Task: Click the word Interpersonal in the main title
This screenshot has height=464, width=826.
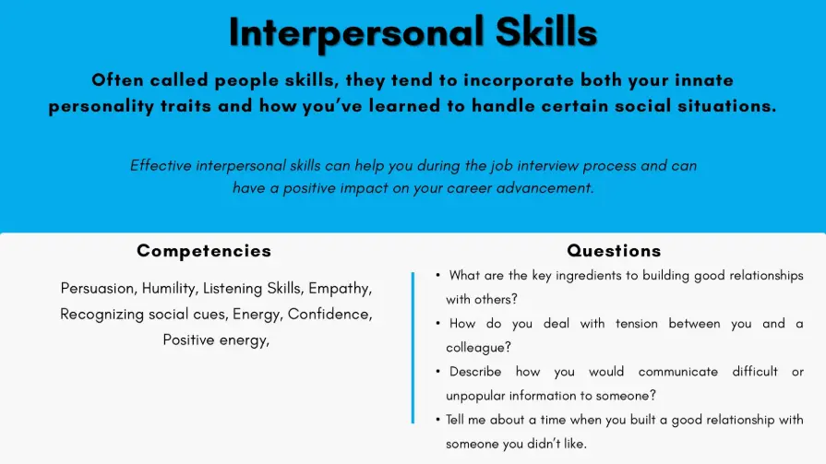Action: pos(356,32)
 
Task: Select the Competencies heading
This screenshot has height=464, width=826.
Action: pos(204,251)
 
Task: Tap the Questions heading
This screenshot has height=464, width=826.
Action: pos(614,251)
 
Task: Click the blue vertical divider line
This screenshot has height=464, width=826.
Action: pos(413,348)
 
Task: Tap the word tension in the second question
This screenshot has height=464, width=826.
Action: pos(637,324)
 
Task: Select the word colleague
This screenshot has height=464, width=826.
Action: pos(476,348)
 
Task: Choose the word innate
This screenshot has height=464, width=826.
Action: pos(704,80)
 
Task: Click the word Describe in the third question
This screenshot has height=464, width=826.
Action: pos(475,372)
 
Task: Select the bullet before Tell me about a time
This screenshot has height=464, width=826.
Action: pos(437,420)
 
